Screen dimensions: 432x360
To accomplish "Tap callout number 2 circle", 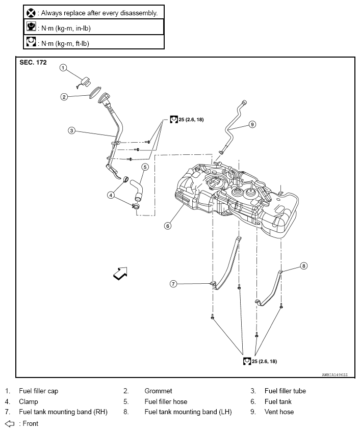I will tap(64, 96).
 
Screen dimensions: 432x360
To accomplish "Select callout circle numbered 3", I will tap(72, 130).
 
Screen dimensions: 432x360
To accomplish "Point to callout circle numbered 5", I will tap(145, 167).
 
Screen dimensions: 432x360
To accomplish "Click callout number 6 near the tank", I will tap(167, 226).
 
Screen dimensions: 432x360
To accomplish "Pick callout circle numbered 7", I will tap(173, 284).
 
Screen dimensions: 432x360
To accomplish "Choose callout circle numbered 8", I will tap(303, 265).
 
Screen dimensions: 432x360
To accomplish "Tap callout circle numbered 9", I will tap(251, 124).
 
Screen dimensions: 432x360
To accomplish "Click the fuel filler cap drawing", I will tap(84, 80).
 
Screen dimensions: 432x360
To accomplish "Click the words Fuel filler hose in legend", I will tap(166, 401).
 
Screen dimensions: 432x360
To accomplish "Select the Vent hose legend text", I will tap(279, 412).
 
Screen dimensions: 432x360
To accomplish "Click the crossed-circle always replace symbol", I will tap(31, 12).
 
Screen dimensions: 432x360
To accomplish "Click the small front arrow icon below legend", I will tap(9, 423).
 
